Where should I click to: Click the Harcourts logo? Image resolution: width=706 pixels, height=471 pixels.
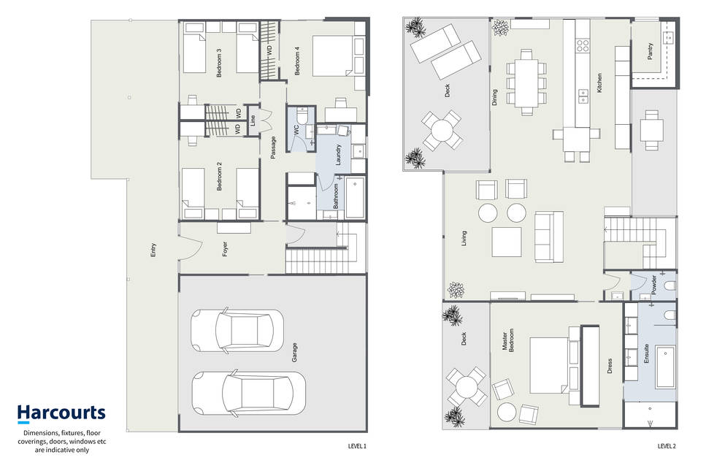61,413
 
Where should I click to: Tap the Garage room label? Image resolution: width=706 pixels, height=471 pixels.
294,353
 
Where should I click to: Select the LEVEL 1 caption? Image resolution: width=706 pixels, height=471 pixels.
357,446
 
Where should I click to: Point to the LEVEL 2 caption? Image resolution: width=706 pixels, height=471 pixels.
667,446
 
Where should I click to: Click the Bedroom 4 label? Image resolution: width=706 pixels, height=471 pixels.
296,61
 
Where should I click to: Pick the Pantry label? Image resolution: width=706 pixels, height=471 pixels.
650,51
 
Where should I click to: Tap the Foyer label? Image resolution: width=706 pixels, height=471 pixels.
225,250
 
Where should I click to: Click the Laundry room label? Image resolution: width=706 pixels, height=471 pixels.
338,155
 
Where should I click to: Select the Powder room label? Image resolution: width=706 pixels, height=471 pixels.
653,285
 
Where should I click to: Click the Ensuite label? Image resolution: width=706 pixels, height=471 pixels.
646,354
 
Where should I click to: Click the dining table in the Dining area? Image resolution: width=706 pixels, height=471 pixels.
526,83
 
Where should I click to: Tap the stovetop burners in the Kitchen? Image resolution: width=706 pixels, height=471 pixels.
583,45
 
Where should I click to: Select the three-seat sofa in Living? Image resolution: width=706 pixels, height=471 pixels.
549,237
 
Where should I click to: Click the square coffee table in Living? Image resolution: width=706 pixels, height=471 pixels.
507,242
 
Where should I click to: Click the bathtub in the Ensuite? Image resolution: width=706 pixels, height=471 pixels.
665,367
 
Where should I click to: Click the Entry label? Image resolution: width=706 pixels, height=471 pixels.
153,250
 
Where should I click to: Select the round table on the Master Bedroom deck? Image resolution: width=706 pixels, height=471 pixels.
467,387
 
